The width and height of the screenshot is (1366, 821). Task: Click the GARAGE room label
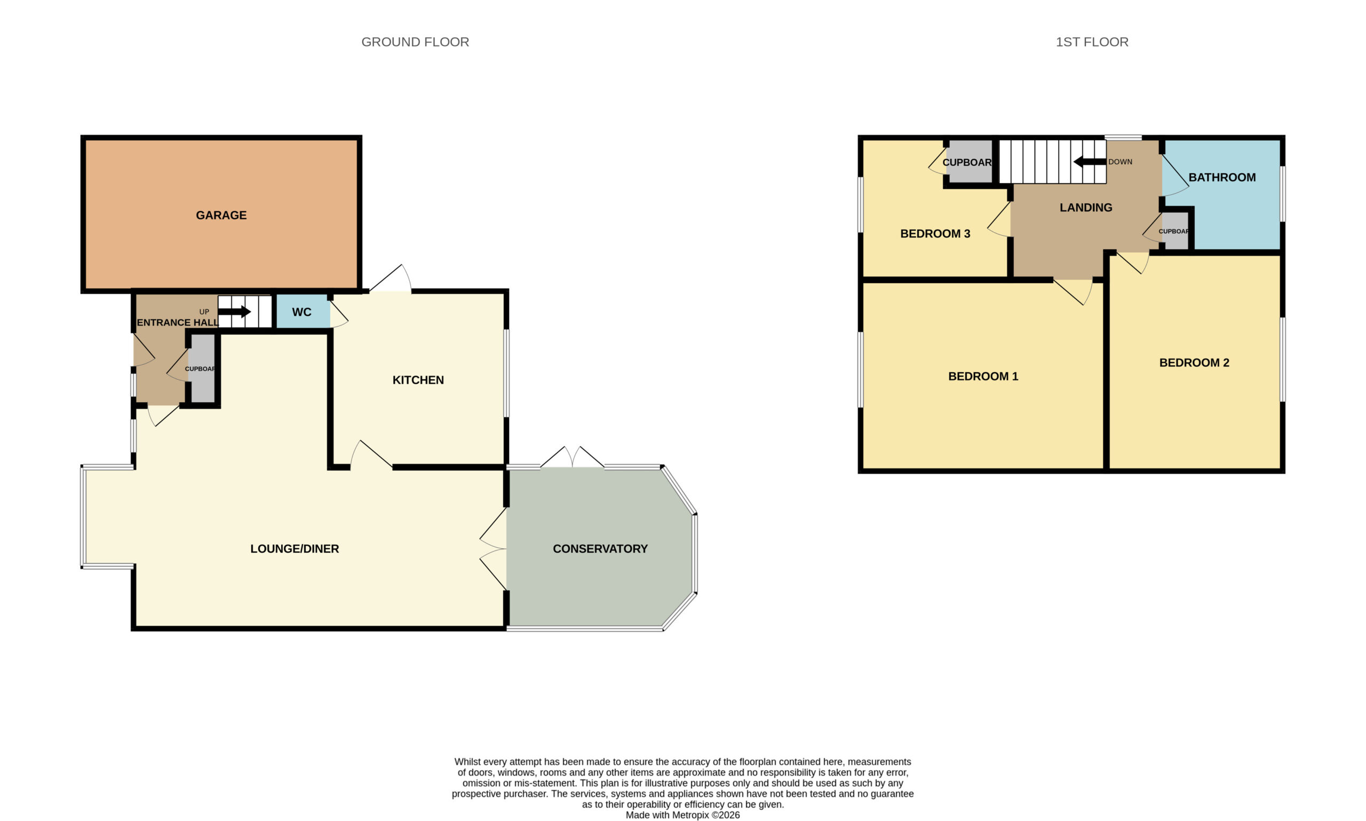pos(221,215)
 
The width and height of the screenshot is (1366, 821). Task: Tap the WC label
pos(301,312)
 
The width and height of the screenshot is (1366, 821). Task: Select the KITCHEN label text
pos(418,380)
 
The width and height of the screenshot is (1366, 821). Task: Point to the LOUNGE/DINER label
pos(295,549)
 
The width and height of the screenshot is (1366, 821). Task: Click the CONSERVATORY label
pos(600,549)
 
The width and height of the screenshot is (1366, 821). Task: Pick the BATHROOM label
pos(1221,178)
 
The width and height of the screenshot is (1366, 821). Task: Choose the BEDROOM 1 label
pos(982,376)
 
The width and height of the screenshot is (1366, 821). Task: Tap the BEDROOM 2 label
pos(1194,363)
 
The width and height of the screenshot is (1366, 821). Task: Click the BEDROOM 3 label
pos(935,234)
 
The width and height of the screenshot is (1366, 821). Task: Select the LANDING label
pos(1085,208)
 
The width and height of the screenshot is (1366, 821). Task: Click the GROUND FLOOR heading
pos(415,42)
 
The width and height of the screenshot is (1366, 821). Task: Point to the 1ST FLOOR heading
pos(1092,42)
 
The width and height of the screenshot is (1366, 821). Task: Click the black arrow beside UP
pos(235,312)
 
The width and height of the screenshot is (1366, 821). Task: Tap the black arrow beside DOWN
pos(1090,162)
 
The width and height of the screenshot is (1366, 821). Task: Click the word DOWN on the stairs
pos(1120,162)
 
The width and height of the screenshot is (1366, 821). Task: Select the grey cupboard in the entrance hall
pos(202,368)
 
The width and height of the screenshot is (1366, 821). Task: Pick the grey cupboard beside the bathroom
pos(1176,230)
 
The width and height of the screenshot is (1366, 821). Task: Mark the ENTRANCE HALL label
pos(178,323)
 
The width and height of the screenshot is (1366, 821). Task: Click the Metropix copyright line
pos(682,815)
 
